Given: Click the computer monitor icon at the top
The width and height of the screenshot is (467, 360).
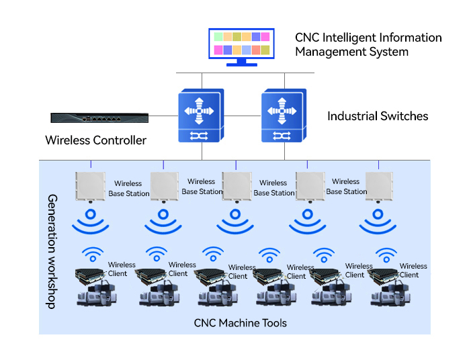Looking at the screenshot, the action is (x=241, y=47).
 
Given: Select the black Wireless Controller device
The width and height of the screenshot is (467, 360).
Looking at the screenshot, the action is (x=99, y=118).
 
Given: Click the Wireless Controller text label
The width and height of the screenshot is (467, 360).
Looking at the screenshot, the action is (x=96, y=140).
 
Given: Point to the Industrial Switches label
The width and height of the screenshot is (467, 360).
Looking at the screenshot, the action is (x=378, y=116).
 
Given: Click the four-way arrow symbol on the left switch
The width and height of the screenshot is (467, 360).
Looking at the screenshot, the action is (x=199, y=111).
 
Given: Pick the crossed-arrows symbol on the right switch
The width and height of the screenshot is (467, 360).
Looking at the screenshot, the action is (x=282, y=136).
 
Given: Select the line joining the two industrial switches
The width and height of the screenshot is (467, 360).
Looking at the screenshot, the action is (x=243, y=116).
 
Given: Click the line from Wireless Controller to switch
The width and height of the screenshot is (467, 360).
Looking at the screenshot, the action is (x=163, y=116).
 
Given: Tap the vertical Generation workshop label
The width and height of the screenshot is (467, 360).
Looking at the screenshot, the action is (x=52, y=252).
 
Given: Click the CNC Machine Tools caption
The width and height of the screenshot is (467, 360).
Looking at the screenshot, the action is (x=241, y=323).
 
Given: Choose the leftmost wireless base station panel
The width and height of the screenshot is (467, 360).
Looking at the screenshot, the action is (x=91, y=187).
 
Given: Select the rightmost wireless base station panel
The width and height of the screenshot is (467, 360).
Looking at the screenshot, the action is (x=379, y=187).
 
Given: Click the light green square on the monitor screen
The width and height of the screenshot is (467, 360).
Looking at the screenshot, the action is (x=218, y=37).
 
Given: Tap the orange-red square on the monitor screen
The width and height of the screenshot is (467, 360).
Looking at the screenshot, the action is (x=256, y=50).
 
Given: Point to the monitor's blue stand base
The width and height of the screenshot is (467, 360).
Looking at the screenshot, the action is (x=241, y=64).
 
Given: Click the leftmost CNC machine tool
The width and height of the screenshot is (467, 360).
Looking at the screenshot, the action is (x=97, y=294).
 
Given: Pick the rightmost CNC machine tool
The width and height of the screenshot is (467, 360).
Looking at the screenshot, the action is (x=390, y=294).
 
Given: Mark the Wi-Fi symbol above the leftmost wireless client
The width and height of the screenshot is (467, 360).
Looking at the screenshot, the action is (x=93, y=255).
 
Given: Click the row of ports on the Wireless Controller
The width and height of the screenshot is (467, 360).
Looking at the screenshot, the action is (x=101, y=119).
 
